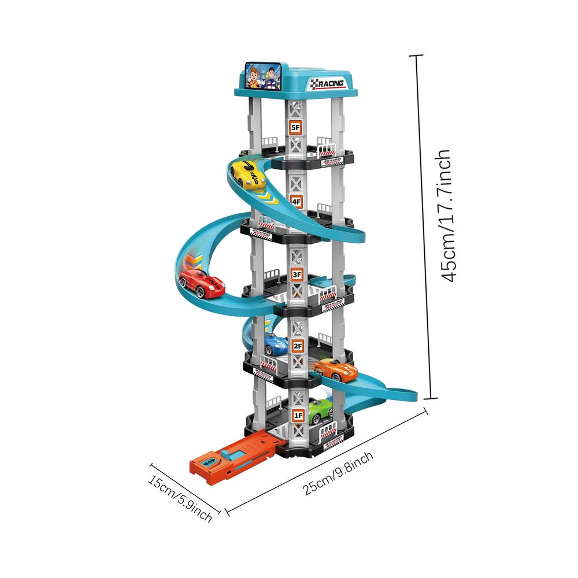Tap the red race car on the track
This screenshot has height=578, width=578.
coord(201,283)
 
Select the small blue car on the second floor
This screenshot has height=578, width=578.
coord(276,344)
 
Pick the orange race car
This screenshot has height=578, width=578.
coord(336,369)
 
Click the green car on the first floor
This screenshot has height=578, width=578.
coord(320,411)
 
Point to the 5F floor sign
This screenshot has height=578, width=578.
coord(295,127)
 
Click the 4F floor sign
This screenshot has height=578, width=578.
coord(296,202)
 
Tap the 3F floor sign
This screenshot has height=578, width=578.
coord(297,275)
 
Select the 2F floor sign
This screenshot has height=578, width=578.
coord(298,346)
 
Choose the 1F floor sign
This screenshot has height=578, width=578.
coord(298,415)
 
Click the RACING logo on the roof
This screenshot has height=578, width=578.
coord(327,84)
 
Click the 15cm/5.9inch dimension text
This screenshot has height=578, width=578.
coord(179,498)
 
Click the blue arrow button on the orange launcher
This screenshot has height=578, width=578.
coord(209,463)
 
